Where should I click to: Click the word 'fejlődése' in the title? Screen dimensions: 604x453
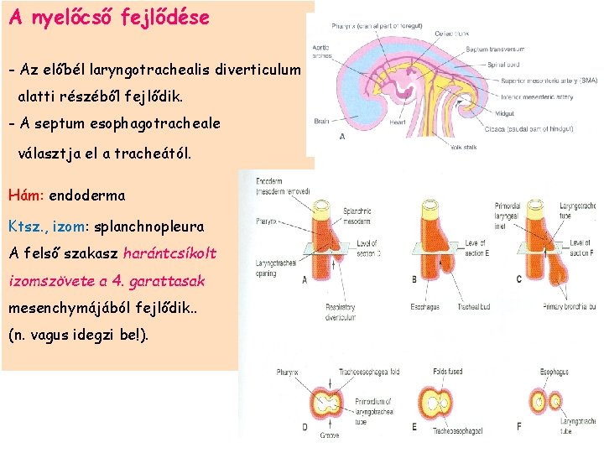(x=164, y=18)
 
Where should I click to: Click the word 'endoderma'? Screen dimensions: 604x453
(x=87, y=195)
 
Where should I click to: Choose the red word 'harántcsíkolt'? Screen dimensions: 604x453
(x=169, y=253)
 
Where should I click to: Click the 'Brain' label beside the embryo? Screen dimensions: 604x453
(x=322, y=121)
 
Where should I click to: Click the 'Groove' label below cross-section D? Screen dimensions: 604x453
(x=331, y=435)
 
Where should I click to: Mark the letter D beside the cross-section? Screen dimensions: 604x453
(x=304, y=427)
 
